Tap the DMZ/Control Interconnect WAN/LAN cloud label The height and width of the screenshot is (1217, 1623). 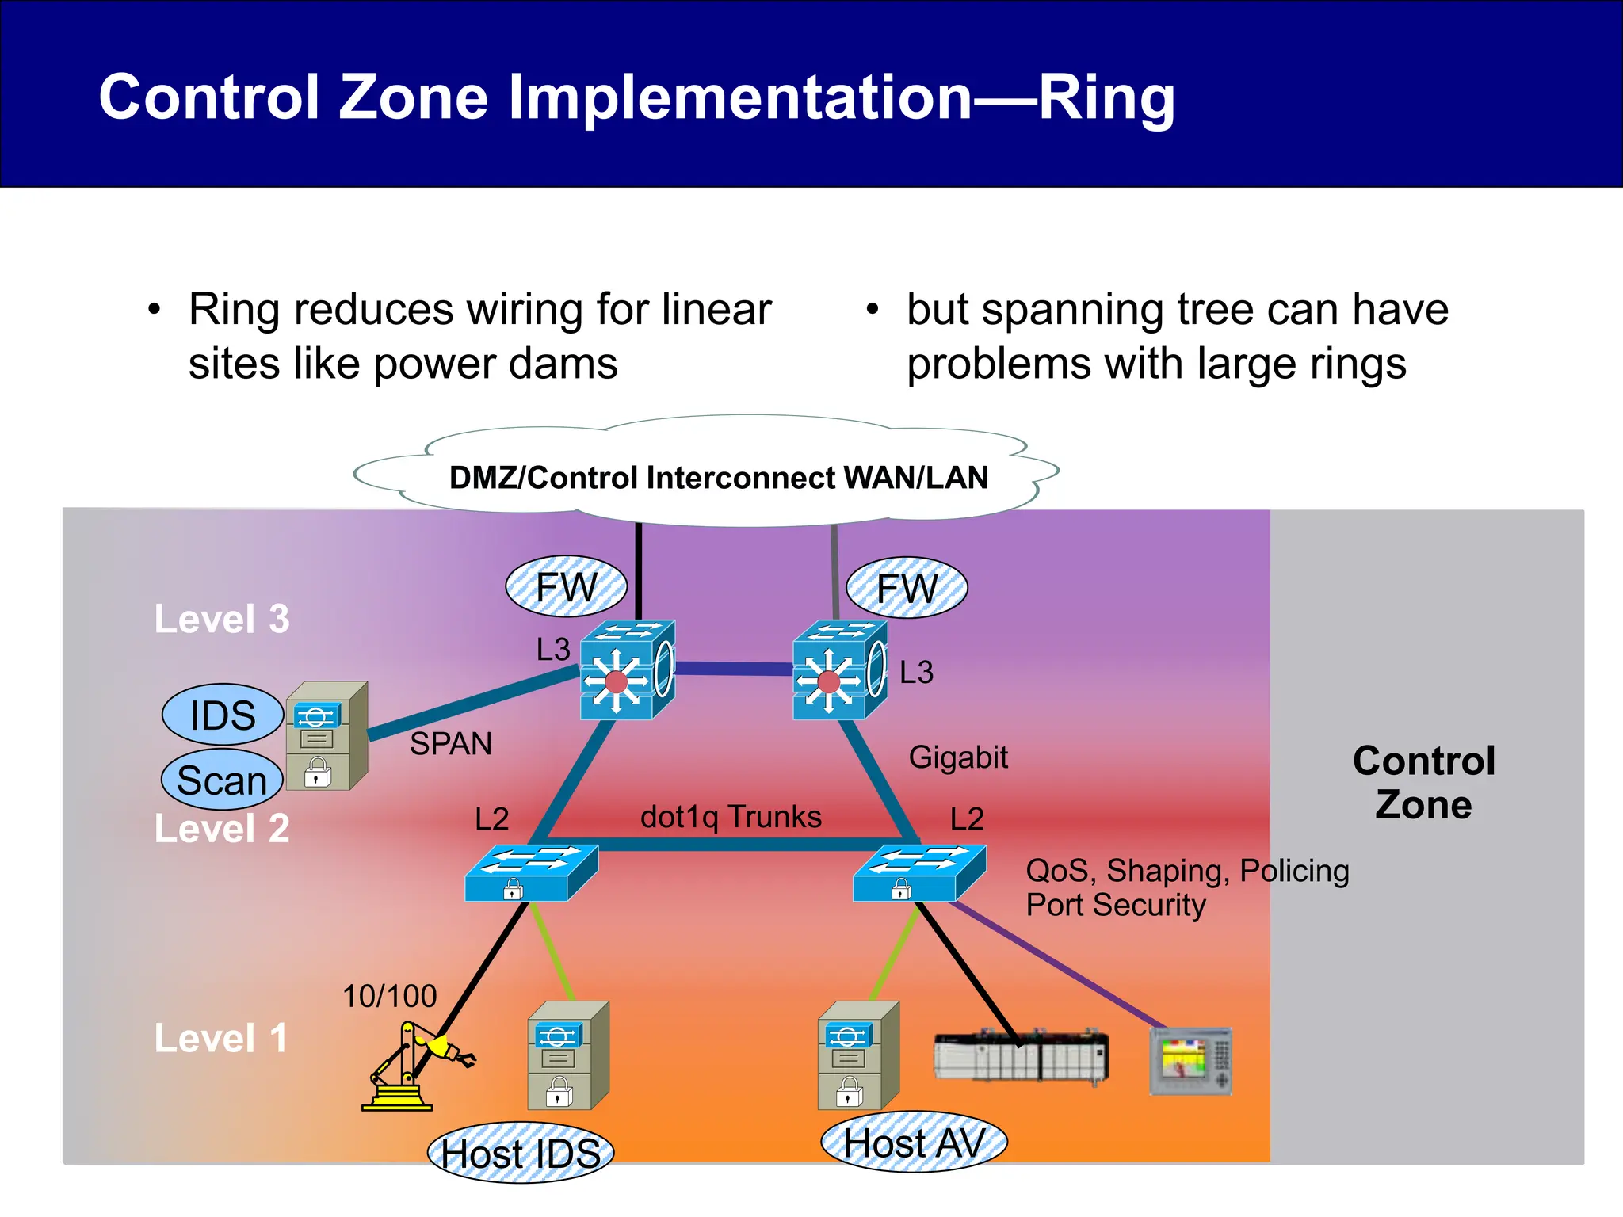click(x=718, y=478)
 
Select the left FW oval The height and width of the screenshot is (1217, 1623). click(x=566, y=587)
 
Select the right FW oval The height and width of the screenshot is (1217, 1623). click(x=907, y=589)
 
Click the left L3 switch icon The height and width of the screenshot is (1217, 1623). click(x=627, y=670)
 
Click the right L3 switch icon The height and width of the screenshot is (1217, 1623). click(x=840, y=670)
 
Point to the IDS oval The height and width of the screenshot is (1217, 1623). click(x=223, y=715)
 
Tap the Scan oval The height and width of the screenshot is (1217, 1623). click(x=222, y=780)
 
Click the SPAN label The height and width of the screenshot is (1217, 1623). click(x=450, y=744)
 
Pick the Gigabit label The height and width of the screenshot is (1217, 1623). click(x=957, y=757)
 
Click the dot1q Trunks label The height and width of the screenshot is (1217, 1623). click(x=731, y=817)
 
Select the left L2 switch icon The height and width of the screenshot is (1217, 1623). click(x=531, y=872)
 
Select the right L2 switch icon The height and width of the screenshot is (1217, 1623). click(x=919, y=872)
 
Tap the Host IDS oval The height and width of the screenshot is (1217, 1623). click(x=521, y=1153)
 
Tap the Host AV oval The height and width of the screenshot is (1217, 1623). click(x=914, y=1143)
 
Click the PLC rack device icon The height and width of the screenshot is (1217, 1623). click(x=1021, y=1056)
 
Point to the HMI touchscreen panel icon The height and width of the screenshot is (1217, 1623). click(x=1190, y=1061)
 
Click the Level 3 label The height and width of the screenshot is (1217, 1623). click(x=222, y=619)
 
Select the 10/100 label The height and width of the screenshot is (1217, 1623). click(x=389, y=996)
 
